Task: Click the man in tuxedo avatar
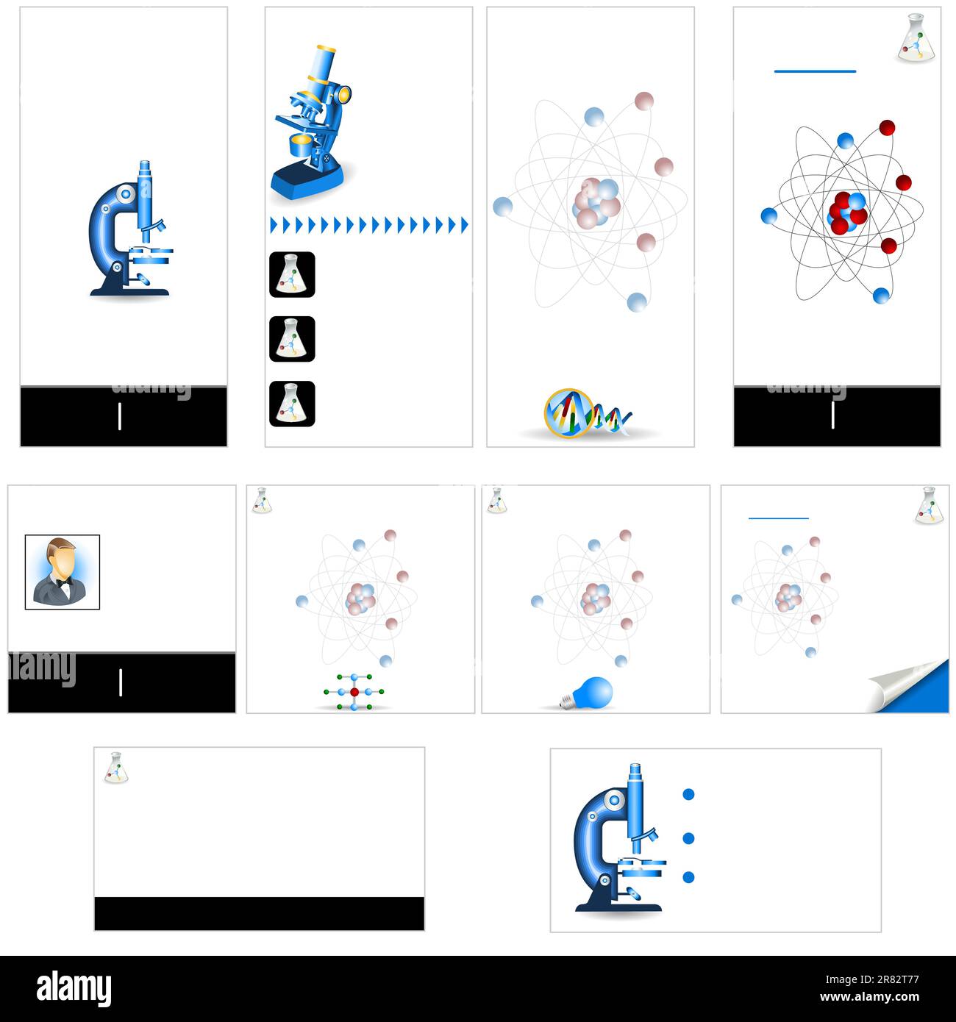62,572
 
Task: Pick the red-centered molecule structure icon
354,692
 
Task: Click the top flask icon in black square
292,274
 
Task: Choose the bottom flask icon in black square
292,404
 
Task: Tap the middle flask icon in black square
292,339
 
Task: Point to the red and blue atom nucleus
847,212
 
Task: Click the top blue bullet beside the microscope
688,794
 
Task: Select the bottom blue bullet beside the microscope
688,877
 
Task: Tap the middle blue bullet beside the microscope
688,838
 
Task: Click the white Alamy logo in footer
74,989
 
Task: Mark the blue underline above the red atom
815,71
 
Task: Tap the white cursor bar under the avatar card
121,683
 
